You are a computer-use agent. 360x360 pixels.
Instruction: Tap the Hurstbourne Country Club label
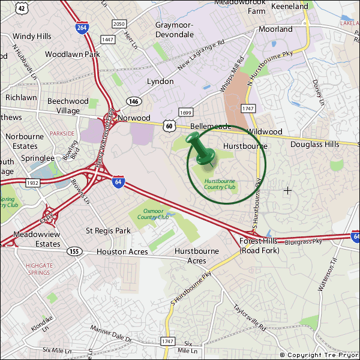tap(220, 184)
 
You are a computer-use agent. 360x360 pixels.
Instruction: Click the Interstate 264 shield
tap(81, 27)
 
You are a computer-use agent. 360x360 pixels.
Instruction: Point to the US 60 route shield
tap(170, 126)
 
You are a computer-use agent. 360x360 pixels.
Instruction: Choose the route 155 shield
tap(74, 251)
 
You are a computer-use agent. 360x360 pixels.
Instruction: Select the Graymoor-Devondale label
tap(174, 29)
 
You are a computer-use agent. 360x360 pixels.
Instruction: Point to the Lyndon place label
tap(160, 81)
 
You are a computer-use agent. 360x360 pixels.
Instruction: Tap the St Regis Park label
tap(108, 230)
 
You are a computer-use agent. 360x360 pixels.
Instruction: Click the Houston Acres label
tap(122, 252)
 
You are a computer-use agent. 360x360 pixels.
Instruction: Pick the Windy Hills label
tap(32, 37)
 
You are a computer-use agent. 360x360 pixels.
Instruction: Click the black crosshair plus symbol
tap(287, 190)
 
